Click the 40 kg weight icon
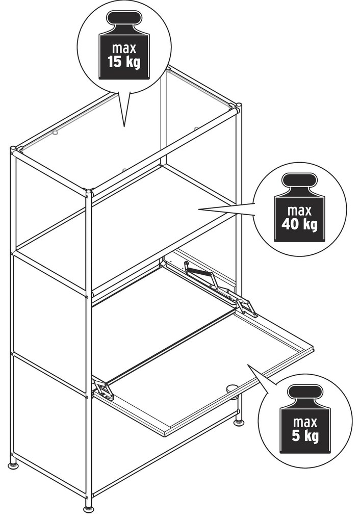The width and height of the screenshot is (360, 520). coord(300,207)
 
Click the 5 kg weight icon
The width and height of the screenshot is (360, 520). coord(305,419)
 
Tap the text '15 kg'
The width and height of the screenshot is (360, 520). coord(124,62)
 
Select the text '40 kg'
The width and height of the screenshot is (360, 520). coord(299,224)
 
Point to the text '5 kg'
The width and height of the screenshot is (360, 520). coord(305,436)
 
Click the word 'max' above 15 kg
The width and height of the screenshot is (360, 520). coord(124,48)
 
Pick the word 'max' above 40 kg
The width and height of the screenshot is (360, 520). coord(300,211)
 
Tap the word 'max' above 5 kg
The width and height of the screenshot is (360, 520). coord(305,423)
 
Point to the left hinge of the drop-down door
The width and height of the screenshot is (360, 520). coord(104,389)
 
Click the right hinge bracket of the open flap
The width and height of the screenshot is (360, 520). coord(246,307)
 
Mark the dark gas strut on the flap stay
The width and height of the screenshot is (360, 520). coord(198,272)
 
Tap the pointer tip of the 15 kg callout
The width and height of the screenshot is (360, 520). coord(124,126)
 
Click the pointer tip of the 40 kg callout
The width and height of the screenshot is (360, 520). coord(199,209)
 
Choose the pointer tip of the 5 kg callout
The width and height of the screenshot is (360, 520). coord(248,365)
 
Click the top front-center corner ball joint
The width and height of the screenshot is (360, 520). coord(89,192)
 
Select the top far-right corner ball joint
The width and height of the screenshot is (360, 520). coord(238,107)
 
